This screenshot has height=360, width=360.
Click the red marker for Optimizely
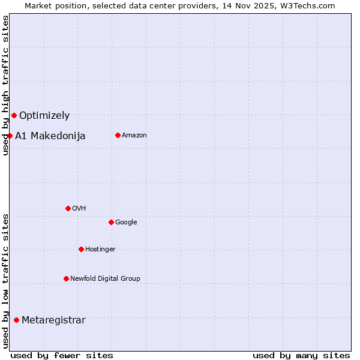pyautogui.click(x=14, y=115)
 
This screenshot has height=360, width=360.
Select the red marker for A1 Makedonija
pyautogui.click(x=10, y=136)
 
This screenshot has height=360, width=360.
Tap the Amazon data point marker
pyautogui.click(x=118, y=135)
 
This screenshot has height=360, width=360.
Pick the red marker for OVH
pyautogui.click(x=68, y=208)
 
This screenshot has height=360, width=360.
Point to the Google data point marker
pyautogui.click(x=111, y=222)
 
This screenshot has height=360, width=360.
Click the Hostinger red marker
pyautogui.click(x=81, y=249)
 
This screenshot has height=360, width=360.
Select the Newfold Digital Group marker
pyautogui.click(x=66, y=278)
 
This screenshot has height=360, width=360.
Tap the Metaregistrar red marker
pyautogui.click(x=16, y=320)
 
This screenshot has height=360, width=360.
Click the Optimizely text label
pyautogui.click(x=44, y=116)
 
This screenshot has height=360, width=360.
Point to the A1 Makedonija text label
pyautogui.click(x=50, y=136)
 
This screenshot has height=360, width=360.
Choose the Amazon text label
pyautogui.click(x=134, y=136)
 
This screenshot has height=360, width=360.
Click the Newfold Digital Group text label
pyautogui.click(x=105, y=278)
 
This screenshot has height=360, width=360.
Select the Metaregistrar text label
pyautogui.click(x=53, y=320)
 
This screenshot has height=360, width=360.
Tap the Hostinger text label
pyautogui.click(x=100, y=250)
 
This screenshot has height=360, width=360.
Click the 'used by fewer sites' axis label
pyautogui.click(x=62, y=355)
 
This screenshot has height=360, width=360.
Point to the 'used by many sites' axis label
pyautogui.click(x=301, y=355)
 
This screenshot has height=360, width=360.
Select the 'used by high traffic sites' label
pyautogui.click(x=5, y=86)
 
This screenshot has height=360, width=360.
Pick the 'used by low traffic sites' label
pyautogui.click(x=5, y=281)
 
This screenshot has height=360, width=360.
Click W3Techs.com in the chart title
pyautogui.click(x=309, y=5)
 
